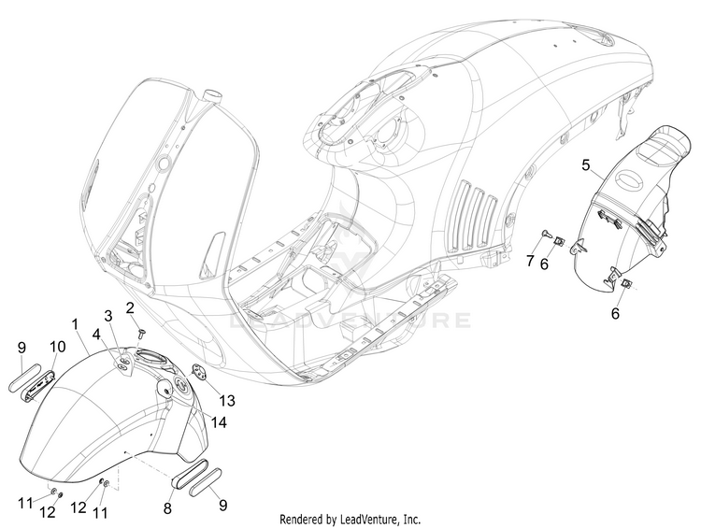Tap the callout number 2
(131, 307)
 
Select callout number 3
(107, 315)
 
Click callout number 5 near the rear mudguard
(585, 166)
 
